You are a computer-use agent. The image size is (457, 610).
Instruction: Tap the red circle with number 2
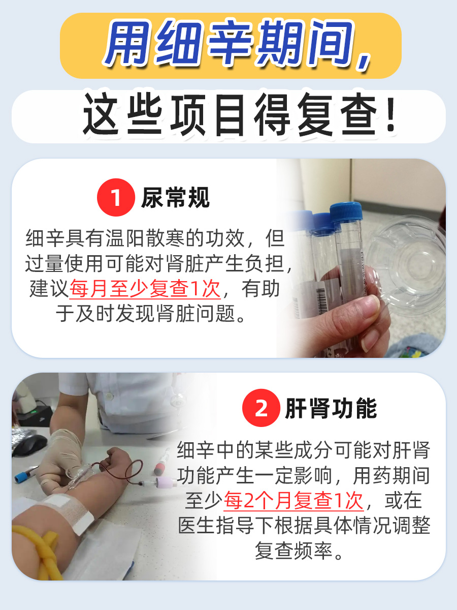coord(261,409)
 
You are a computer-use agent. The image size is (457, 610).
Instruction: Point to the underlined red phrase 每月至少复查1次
coord(145,289)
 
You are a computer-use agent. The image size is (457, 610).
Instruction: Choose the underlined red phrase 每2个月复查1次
coord(294,501)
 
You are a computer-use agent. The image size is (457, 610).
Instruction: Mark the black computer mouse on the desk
coord(28,443)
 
